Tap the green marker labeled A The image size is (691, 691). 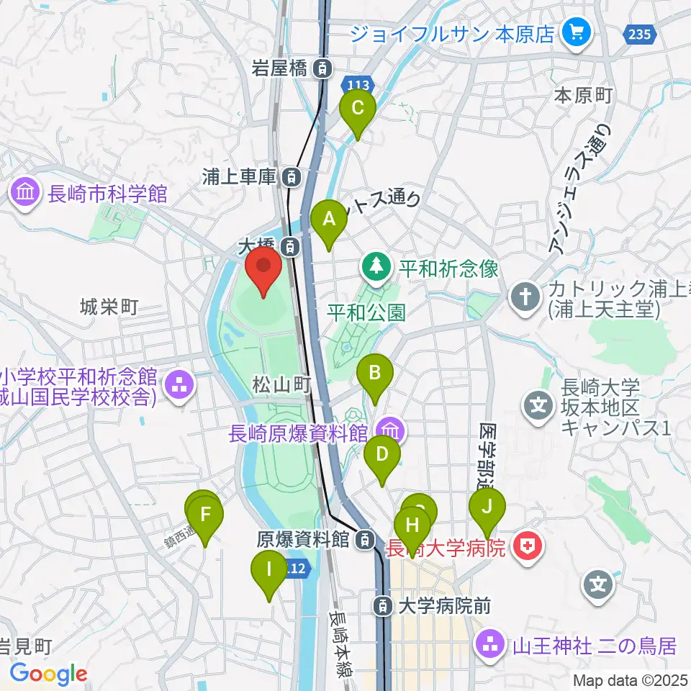tap(330, 220)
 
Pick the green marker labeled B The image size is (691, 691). tap(375, 375)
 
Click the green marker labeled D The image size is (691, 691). tap(381, 456)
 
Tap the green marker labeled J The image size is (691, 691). tap(487, 509)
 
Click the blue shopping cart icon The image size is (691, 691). tap(576, 32)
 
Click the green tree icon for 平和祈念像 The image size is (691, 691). tap(376, 268)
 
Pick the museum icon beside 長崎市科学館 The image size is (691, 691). tap(25, 194)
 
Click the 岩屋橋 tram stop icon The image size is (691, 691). tap(325, 69)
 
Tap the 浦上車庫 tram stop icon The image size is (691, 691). tap(291, 176)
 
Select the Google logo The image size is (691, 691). tap(48, 674)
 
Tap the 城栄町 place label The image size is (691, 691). tap(108, 307)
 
